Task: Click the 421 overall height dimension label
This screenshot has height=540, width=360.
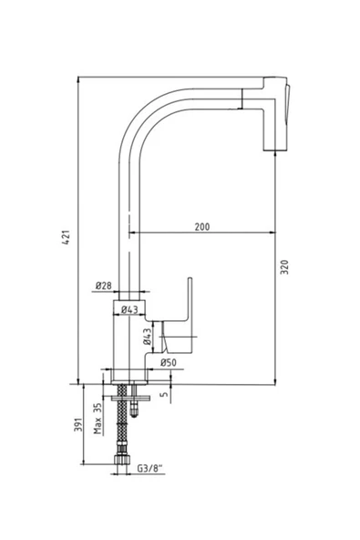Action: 67,237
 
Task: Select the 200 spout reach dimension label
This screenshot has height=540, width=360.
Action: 202,227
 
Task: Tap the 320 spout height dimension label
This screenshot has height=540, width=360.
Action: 284,267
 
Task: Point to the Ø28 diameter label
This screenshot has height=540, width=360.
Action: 104,286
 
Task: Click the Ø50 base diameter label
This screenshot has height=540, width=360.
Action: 169,362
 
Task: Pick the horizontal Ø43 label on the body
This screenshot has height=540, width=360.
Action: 129,309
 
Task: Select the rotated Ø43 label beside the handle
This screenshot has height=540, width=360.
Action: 148,337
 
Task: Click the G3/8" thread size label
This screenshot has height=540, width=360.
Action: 150,468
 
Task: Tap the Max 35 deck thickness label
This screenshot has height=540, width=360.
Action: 98,418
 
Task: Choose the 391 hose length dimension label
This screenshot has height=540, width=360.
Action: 78,425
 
